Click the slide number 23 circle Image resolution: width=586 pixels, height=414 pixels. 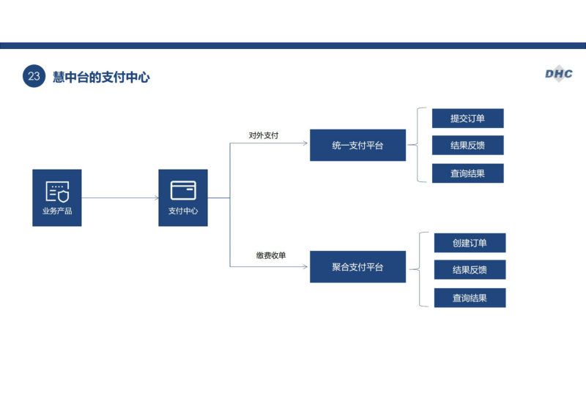point(34,76)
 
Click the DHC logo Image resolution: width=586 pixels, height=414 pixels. point(559,74)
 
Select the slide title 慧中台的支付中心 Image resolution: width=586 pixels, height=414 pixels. point(101,77)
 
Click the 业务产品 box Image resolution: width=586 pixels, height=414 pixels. point(57,197)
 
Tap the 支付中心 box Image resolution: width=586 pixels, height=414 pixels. point(183,197)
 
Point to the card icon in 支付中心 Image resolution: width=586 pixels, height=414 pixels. point(183,190)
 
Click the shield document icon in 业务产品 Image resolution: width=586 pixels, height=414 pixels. point(57,192)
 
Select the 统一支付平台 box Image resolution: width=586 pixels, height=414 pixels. point(357,146)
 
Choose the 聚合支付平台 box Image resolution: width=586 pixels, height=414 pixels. point(357,267)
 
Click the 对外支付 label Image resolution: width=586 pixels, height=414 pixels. point(264,135)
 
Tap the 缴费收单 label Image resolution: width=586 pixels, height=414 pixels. point(271,255)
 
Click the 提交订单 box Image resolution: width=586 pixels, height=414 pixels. point(468,118)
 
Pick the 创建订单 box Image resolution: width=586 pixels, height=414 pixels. point(470,243)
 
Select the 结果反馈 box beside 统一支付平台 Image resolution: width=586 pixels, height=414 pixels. point(468,146)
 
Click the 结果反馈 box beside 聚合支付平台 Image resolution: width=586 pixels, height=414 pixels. point(470,269)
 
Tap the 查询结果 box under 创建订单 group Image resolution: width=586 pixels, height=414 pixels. point(470,298)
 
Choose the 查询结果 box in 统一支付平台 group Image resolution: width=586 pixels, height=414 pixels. point(468,173)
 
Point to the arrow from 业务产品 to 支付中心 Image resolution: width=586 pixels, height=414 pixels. point(120,197)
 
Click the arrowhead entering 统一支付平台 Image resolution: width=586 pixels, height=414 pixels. point(305,143)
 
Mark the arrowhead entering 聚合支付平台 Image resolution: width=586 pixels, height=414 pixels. point(305,266)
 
